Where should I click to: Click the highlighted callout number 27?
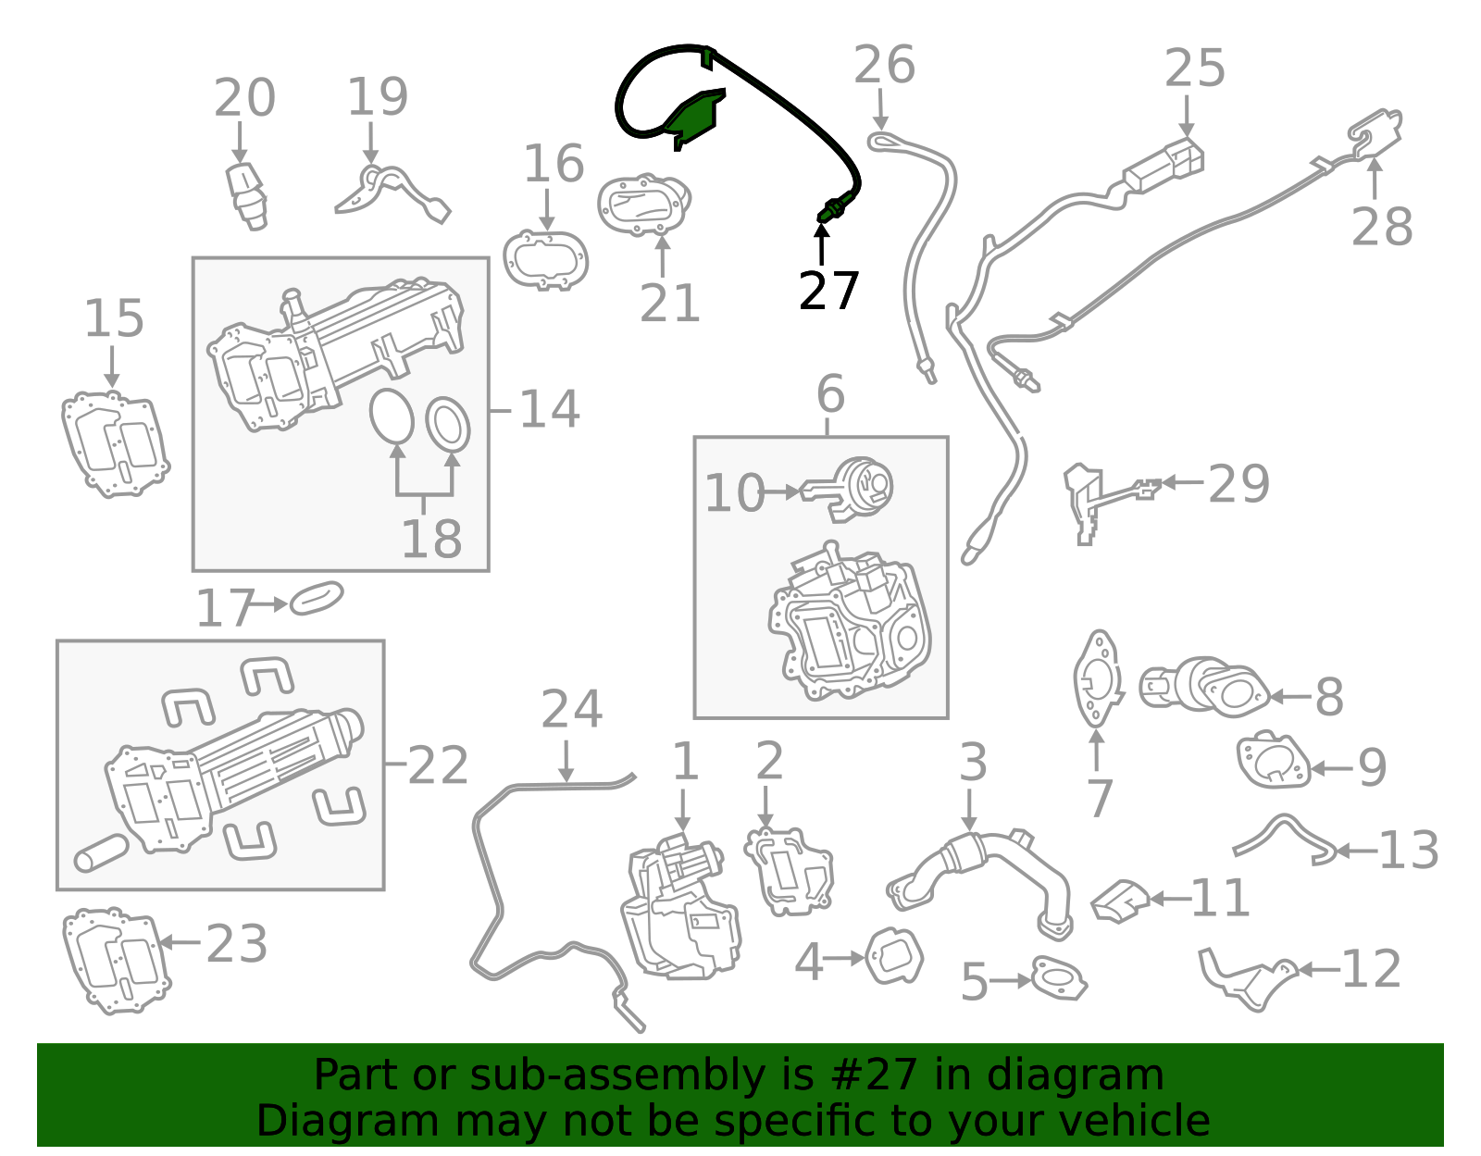[828, 291]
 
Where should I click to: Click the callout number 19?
[377, 96]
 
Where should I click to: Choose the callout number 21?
[669, 303]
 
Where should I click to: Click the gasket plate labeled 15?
[115, 444]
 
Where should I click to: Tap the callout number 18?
[430, 538]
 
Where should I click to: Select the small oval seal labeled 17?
[317, 599]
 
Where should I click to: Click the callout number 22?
[438, 765]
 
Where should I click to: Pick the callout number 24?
[571, 709]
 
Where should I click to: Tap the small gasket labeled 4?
[894, 956]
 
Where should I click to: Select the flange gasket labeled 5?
[1058, 977]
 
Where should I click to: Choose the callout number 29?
[1238, 483]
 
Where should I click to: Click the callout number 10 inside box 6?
[734, 493]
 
